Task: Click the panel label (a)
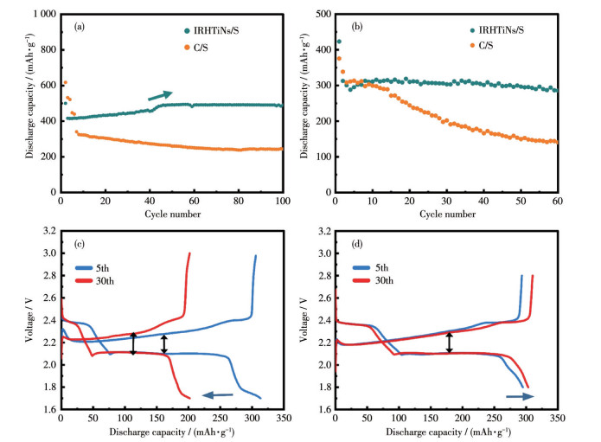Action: (79, 26)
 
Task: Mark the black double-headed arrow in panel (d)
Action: (448, 342)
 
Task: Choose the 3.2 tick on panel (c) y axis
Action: (48, 232)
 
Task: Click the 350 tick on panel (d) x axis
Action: (558, 419)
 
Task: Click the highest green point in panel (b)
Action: (338, 42)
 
